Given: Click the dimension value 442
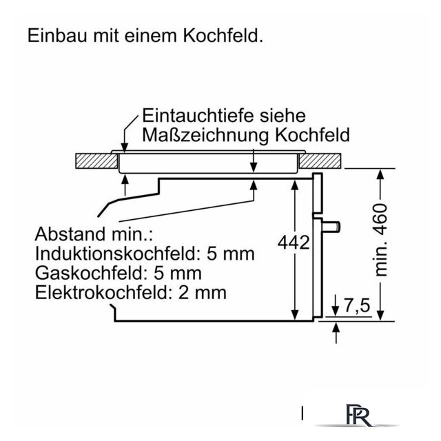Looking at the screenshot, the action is (x=294, y=243).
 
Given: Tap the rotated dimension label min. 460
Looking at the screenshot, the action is (x=381, y=240).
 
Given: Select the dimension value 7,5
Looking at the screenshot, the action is (x=357, y=305).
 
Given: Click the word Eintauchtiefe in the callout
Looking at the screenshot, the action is (x=198, y=115).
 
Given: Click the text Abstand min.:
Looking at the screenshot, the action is (x=94, y=234).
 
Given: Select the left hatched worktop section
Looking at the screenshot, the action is (x=96, y=161).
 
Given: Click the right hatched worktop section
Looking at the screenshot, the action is (x=320, y=161).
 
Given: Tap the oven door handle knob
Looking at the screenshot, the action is (x=331, y=227).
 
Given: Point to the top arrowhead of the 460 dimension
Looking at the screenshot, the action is (x=380, y=174).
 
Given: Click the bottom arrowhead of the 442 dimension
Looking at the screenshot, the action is (x=295, y=315).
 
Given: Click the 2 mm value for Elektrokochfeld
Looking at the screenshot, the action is (x=203, y=292).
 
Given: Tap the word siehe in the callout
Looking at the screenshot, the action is (x=283, y=115).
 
